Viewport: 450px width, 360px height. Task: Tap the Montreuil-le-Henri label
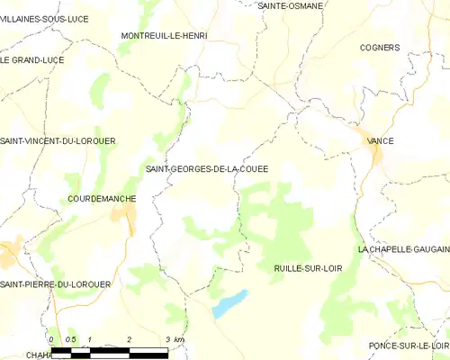(164, 35)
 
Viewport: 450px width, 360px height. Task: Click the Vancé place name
(380, 140)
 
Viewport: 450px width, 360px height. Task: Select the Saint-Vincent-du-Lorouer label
(58, 141)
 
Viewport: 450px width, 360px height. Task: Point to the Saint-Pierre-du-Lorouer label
(55, 284)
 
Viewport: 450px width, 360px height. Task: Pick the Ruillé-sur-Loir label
(307, 268)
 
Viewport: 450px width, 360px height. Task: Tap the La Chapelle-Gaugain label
(402, 248)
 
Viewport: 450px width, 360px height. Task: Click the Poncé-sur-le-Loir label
(408, 346)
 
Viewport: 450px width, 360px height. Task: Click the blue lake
(229, 304)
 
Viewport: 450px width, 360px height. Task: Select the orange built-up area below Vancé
(375, 156)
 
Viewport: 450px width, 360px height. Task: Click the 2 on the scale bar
(130, 339)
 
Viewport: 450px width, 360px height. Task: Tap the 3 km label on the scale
(175, 339)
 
